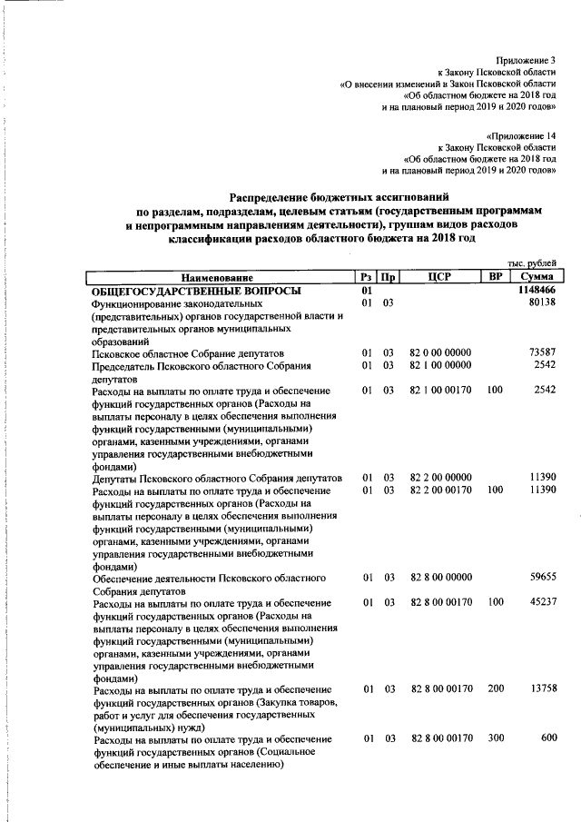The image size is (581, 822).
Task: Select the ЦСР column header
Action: pyautogui.click(x=438, y=276)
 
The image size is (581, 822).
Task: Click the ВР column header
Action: pyautogui.click(x=495, y=276)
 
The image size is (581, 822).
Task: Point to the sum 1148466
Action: pyautogui.click(x=536, y=290)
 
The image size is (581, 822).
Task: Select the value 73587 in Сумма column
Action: pyautogui.click(x=541, y=352)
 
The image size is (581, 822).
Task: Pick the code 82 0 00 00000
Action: pyautogui.click(x=440, y=352)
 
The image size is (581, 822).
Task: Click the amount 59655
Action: pyautogui.click(x=541, y=577)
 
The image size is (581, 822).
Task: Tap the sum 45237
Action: pyautogui.click(x=541, y=602)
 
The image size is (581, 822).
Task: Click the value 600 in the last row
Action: pyautogui.click(x=547, y=738)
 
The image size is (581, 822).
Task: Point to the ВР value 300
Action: pyautogui.click(x=495, y=738)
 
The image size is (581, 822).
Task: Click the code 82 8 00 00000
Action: pyautogui.click(x=440, y=577)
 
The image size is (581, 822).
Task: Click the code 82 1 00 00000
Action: pyautogui.click(x=440, y=365)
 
